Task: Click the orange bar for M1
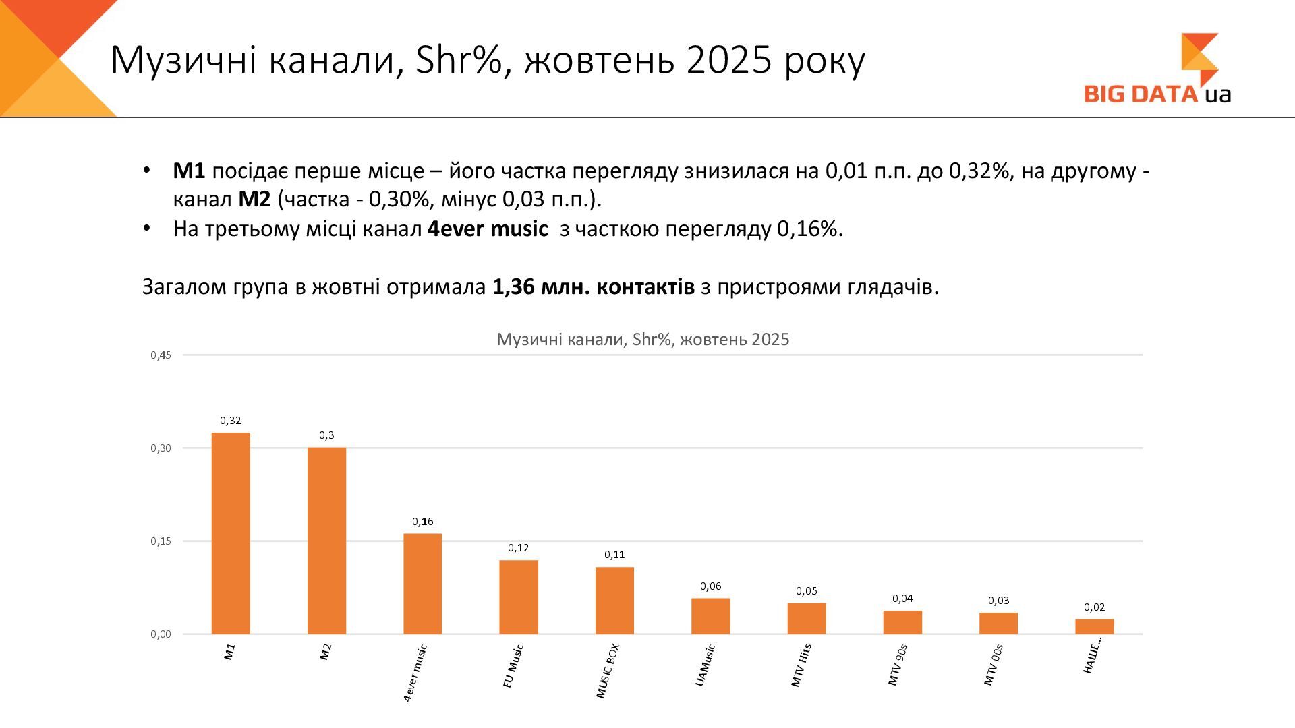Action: (x=231, y=533)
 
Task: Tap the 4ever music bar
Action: (x=423, y=584)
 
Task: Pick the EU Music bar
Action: (x=519, y=597)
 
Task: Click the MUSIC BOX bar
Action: (x=614, y=601)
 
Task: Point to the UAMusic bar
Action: (x=710, y=616)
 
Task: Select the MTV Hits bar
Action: (x=807, y=618)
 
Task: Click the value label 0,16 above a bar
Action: (x=423, y=522)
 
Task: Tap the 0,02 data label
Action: (x=1094, y=607)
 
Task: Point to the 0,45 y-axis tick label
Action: (x=161, y=355)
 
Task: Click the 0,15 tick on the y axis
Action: (x=161, y=541)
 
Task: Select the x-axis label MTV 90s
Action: (x=898, y=665)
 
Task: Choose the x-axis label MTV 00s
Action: (x=994, y=665)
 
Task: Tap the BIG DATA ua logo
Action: (x=1157, y=71)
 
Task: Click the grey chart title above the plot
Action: (x=643, y=340)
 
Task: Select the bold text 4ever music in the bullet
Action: (x=488, y=229)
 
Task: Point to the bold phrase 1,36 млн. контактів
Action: (x=594, y=287)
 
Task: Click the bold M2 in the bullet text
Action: (x=255, y=200)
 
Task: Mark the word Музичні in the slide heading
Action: (x=183, y=61)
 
